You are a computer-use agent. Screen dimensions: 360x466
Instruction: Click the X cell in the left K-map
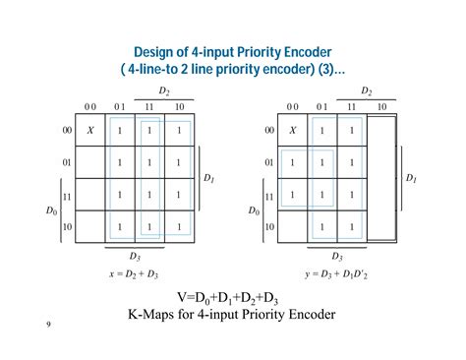(90, 130)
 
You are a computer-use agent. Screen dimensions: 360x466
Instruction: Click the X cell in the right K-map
(292, 130)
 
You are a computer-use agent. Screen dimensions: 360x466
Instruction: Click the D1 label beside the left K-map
(208, 179)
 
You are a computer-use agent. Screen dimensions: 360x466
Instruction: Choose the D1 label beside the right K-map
(411, 179)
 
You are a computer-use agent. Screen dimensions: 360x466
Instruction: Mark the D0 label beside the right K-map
(255, 210)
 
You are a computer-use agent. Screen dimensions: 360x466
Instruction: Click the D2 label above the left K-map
(164, 91)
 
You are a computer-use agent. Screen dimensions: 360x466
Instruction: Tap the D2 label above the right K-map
(366, 91)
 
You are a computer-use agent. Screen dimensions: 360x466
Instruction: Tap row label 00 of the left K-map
(67, 130)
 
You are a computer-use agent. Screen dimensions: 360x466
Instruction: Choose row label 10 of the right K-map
(268, 227)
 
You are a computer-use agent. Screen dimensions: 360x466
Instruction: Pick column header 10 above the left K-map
(179, 106)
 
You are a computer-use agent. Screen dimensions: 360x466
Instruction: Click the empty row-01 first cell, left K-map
(90, 162)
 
